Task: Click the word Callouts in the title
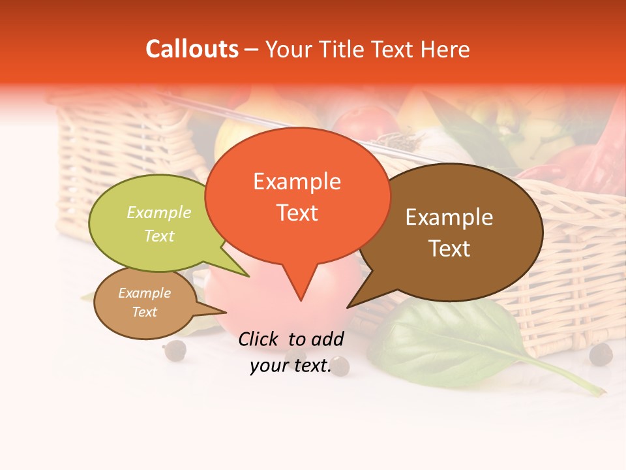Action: [x=192, y=49]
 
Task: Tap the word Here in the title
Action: [x=445, y=49]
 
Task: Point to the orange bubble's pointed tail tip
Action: [x=301, y=300]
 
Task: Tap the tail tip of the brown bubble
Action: [x=348, y=307]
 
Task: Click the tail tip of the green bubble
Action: [x=249, y=276]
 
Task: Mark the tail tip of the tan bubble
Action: [x=226, y=312]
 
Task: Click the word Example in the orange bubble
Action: [x=297, y=181]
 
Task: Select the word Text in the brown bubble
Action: [x=449, y=248]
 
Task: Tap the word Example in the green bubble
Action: [x=159, y=213]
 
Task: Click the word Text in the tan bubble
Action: [x=144, y=312]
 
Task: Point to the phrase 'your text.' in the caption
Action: [x=291, y=366]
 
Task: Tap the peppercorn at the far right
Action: [x=601, y=354]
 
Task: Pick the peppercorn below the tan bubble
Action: [x=175, y=351]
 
